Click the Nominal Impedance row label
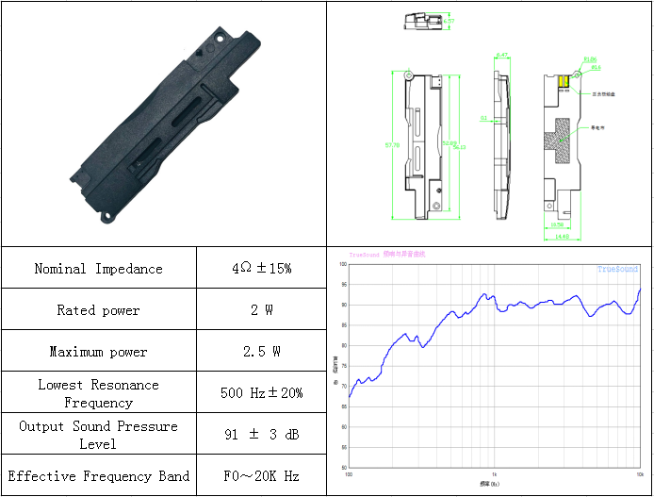coord(98,269)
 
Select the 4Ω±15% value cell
coord(261,269)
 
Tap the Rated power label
coord(98,310)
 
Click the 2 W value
coord(261,310)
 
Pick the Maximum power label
coord(98,352)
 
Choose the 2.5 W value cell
coord(261,352)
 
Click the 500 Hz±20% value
coord(261,393)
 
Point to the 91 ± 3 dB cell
coord(261,435)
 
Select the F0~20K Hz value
coord(261,476)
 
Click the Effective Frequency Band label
coord(98,476)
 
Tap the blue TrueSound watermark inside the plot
coord(617,270)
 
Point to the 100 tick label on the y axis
coord(344,265)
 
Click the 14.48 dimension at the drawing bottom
coord(562,237)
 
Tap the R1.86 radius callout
coord(591,60)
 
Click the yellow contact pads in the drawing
coord(564,83)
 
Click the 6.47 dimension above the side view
coord(502,55)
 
